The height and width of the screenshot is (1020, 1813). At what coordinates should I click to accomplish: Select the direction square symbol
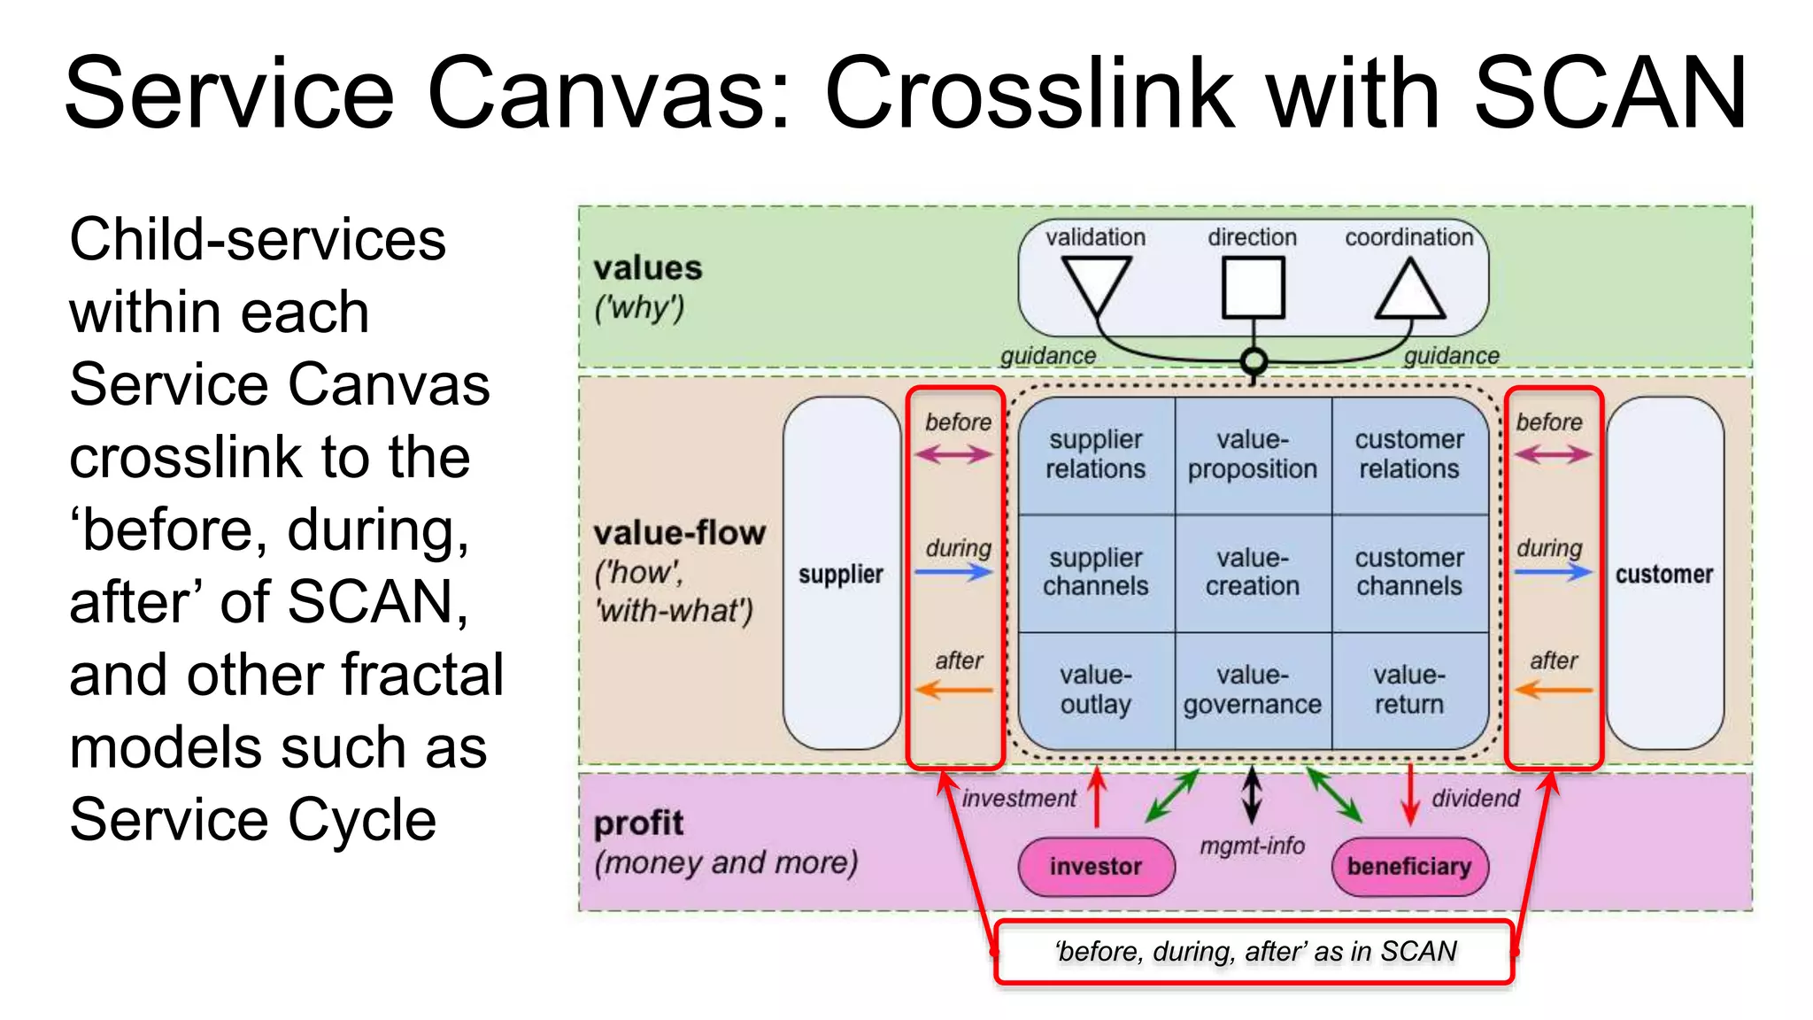click(x=1253, y=287)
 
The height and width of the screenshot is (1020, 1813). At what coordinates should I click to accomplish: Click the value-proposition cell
click(x=1253, y=454)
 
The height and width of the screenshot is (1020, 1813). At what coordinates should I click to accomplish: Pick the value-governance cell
click(x=1253, y=690)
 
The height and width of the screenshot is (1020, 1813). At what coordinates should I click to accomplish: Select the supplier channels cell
click(x=1096, y=572)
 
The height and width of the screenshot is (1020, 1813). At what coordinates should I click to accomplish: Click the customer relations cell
click(x=1409, y=454)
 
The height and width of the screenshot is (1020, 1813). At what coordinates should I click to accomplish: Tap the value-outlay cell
click(x=1096, y=690)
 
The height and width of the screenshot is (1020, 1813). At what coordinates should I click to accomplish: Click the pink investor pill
click(x=1096, y=866)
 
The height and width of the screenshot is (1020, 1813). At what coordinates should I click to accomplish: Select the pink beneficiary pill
click(x=1409, y=866)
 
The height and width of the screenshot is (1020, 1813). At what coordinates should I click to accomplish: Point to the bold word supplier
click(x=840, y=575)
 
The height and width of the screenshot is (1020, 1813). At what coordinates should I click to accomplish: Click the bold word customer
click(x=1664, y=575)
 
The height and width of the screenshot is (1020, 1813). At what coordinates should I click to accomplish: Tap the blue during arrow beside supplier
click(x=953, y=572)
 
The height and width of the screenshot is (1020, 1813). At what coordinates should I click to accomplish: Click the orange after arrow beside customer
click(x=1553, y=689)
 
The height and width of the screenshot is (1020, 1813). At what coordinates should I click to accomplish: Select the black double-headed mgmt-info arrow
click(x=1252, y=792)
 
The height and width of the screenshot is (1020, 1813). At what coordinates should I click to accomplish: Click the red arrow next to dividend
click(x=1410, y=794)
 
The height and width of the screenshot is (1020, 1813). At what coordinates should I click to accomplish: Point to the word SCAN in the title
click(x=1610, y=93)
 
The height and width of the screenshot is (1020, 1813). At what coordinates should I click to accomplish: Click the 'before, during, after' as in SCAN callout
click(x=1254, y=952)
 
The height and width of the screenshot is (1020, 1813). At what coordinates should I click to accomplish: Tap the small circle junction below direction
click(x=1253, y=361)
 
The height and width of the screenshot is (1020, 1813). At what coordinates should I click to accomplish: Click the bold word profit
click(x=638, y=823)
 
